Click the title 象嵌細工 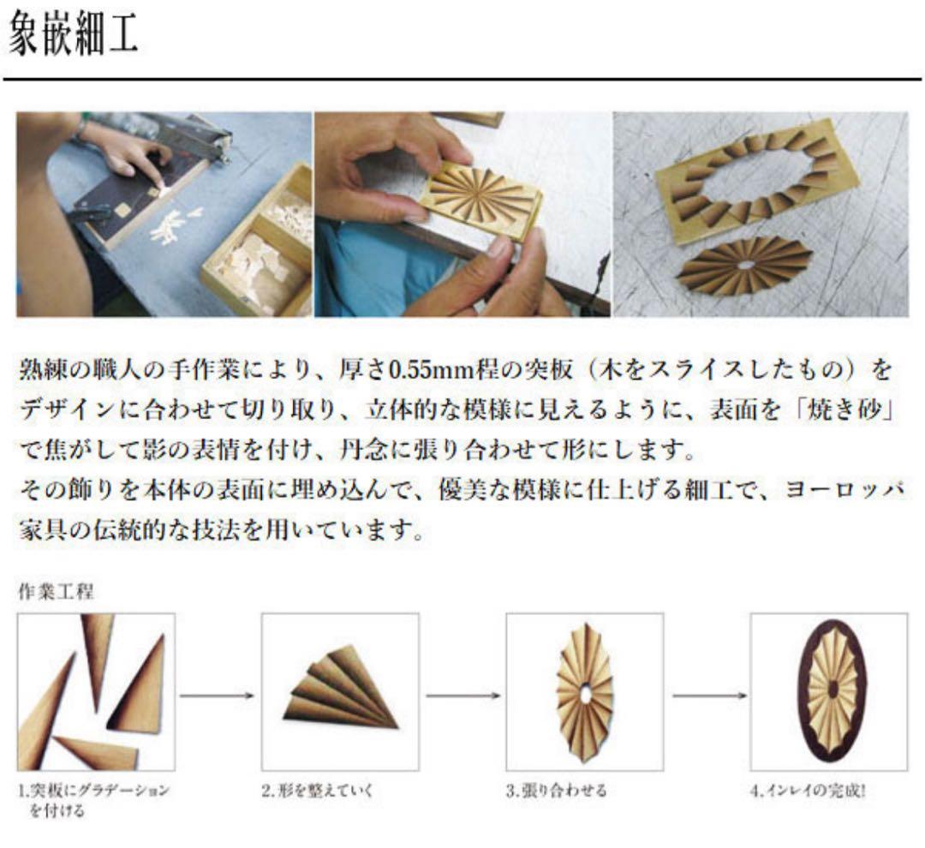[73, 34]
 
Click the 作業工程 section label [56, 591]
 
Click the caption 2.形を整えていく [318, 790]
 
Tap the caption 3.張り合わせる [557, 790]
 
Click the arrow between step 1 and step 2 [217, 696]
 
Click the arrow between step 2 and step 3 [462, 696]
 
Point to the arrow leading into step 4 [708, 696]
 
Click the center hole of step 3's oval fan [585, 694]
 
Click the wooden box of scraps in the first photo [256, 242]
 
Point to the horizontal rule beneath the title [462, 79]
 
